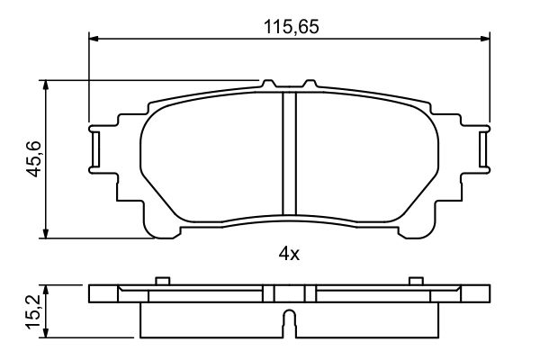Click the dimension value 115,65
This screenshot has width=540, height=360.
click(290, 26)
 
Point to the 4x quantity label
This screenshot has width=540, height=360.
click(289, 255)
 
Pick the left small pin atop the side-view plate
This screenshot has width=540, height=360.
click(162, 281)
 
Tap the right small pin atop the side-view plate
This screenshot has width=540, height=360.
click(417, 281)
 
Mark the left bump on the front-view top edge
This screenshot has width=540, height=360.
click(267, 85)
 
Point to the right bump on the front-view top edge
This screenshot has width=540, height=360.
click(311, 85)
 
